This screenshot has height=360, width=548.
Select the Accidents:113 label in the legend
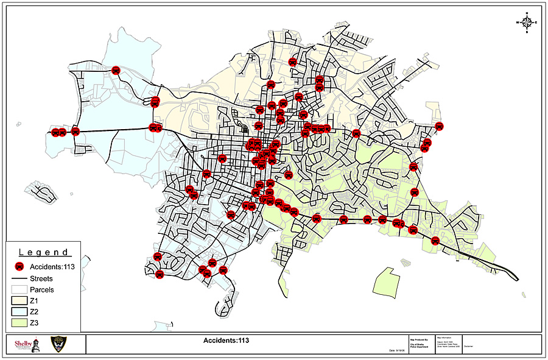[54, 267]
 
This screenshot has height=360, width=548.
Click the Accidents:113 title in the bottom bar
[226, 341]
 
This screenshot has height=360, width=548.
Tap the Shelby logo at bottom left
[26, 344]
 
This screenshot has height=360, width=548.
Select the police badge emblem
[58, 344]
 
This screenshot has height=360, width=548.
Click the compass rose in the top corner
[526, 22]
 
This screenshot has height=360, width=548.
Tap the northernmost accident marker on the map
[293, 62]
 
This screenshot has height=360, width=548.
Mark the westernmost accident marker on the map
[55, 132]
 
